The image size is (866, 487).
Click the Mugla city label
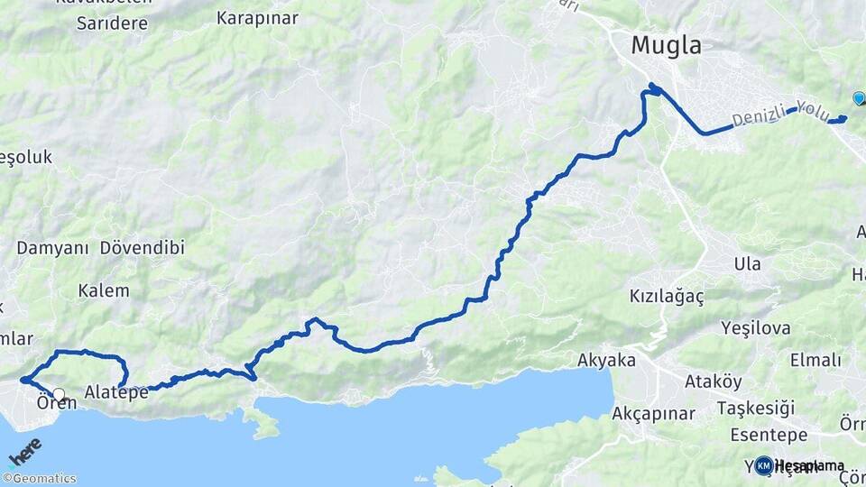point(666,45)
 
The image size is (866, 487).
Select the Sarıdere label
point(112,23)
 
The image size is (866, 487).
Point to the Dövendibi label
point(142,247)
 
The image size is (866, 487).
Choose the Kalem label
point(103,291)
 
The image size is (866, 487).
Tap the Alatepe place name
point(116,392)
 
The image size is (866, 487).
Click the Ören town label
point(56,403)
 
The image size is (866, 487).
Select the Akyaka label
point(606,361)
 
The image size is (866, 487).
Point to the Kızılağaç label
point(666,296)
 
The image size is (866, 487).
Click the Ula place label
point(747,264)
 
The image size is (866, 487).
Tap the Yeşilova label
point(756,328)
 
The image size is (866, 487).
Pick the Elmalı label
point(815,360)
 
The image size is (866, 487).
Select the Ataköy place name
point(713,381)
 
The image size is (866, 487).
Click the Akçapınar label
point(653,414)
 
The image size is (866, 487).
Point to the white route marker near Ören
point(60,394)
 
